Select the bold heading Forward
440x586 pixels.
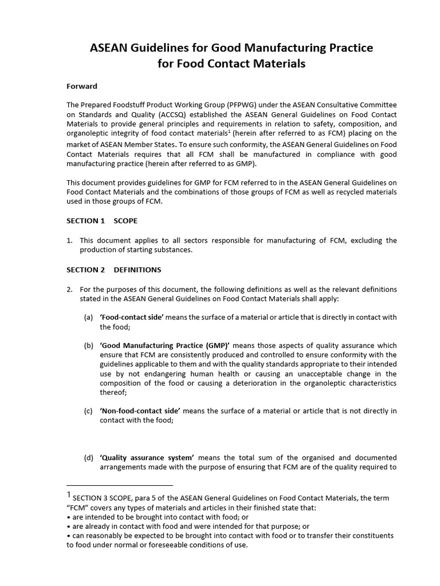point(82,86)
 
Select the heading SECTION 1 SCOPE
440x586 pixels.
point(101,220)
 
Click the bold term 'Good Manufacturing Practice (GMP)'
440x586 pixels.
point(165,346)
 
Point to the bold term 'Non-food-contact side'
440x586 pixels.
point(140,411)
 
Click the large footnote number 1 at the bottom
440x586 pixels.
point(68,495)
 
